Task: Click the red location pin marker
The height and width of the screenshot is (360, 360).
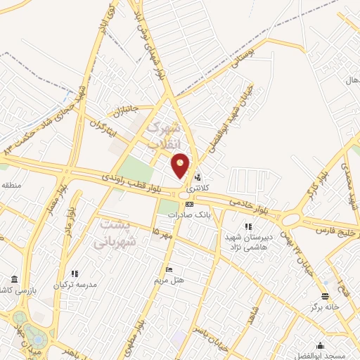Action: (181, 165)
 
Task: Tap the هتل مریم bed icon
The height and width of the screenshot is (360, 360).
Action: (168, 270)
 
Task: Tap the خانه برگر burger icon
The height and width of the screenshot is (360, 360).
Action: (325, 295)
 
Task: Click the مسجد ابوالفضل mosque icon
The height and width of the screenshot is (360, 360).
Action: (321, 345)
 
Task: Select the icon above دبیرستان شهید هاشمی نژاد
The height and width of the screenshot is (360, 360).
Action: (247, 226)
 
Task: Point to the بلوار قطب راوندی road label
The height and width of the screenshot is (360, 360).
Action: (134, 184)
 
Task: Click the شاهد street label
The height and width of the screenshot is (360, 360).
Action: (252, 312)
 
